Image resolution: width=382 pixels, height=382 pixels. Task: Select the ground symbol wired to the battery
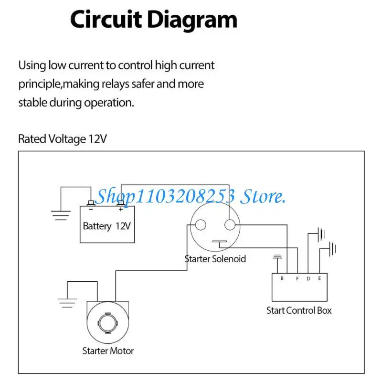coord(61,215)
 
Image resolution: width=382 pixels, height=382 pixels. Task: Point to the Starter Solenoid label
coord(215,259)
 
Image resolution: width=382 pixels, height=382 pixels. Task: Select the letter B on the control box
coord(282,278)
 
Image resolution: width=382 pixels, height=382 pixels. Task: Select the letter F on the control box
coord(297,278)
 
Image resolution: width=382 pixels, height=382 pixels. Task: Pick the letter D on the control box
coord(308,278)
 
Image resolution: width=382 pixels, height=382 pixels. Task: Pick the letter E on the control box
coord(319,278)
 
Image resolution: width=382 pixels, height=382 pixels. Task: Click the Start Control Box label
coord(299,310)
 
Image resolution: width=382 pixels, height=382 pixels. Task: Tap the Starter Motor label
coord(108,351)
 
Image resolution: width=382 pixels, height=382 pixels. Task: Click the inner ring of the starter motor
coord(108,322)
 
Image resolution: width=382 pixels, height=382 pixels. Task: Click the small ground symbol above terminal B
coord(277,258)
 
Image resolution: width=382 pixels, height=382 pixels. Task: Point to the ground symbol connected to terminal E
coord(333,249)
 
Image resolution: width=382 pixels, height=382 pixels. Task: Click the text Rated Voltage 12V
coord(63,139)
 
